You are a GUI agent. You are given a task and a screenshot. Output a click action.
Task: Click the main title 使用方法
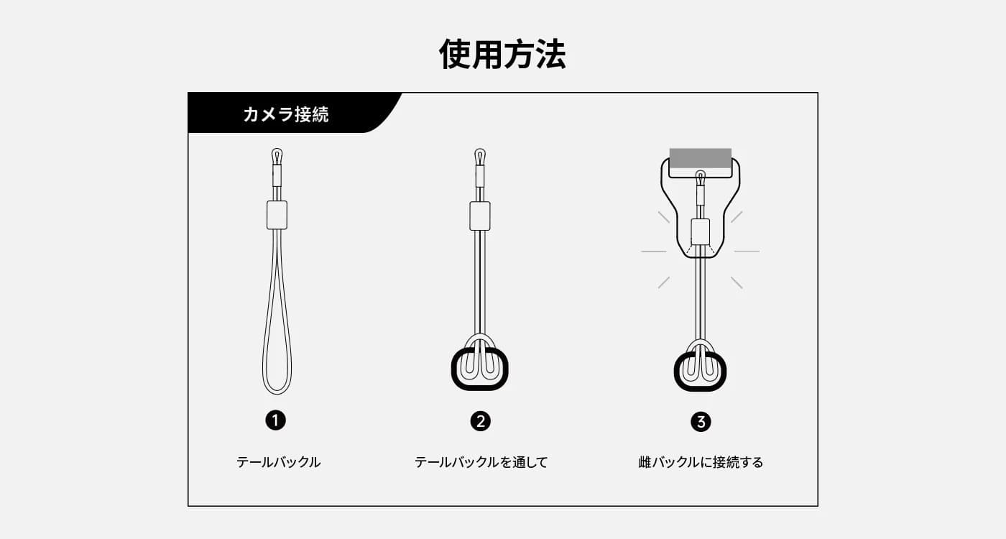tap(502, 55)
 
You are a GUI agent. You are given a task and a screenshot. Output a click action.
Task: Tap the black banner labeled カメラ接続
tap(287, 113)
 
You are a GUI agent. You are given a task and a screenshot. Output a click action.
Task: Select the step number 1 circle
tap(276, 420)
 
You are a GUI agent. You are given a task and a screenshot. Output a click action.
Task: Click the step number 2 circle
tap(480, 421)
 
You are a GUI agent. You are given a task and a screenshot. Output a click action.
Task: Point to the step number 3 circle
tap(701, 422)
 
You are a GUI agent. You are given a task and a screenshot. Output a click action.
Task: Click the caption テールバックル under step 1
tap(279, 462)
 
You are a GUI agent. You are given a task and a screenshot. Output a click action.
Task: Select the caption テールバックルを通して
tap(481, 462)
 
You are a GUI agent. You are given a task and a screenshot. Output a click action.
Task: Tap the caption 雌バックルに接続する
tap(701, 462)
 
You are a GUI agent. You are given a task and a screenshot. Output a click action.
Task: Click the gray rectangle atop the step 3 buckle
tap(700, 158)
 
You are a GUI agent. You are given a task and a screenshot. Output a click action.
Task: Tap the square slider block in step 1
tap(277, 215)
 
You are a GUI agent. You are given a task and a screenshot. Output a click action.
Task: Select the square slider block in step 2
tap(480, 216)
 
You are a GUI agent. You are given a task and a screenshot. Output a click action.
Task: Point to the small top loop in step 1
tap(277, 149)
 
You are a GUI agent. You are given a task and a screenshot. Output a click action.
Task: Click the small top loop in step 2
tap(480, 149)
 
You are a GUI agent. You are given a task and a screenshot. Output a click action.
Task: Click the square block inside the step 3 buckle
tap(700, 232)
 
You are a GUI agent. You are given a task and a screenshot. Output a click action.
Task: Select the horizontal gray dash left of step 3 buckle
tap(653, 252)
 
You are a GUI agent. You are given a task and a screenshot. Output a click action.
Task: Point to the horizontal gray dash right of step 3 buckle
tap(747, 252)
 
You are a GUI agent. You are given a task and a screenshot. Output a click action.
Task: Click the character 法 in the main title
tap(550, 55)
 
